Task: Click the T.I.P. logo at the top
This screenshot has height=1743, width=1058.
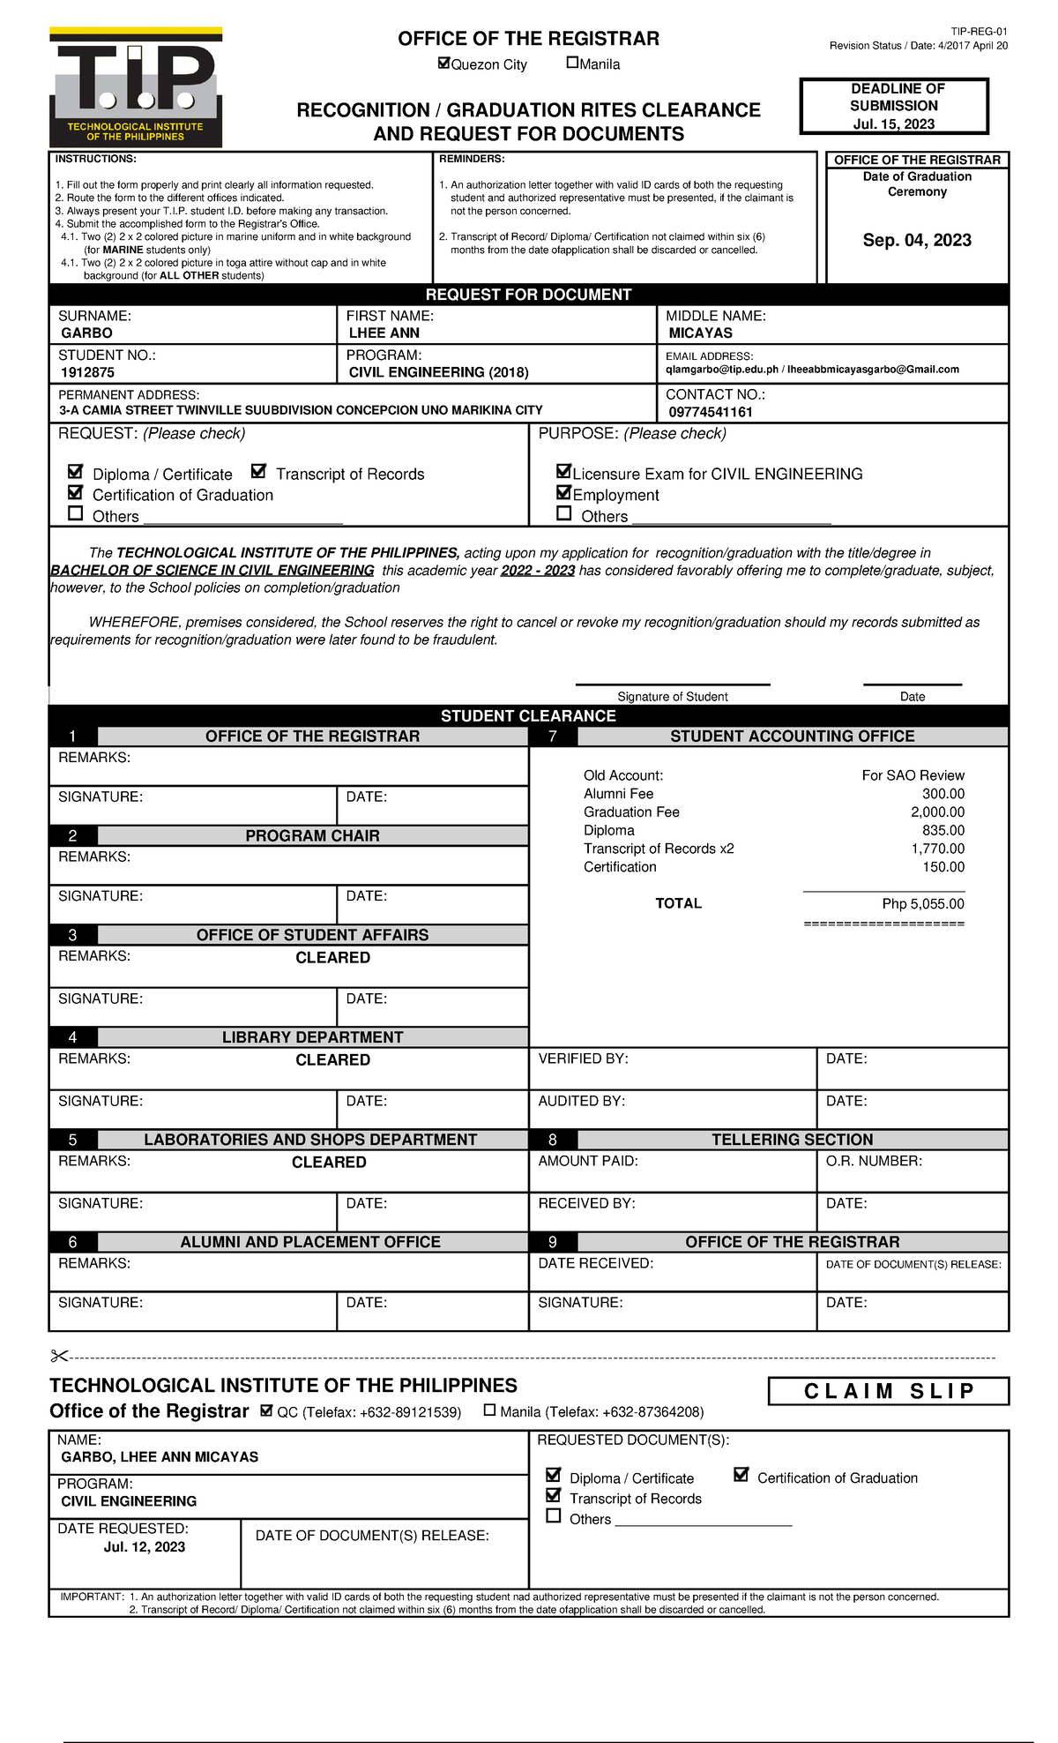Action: [x=136, y=86]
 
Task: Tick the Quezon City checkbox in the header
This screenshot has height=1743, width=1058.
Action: [x=444, y=63]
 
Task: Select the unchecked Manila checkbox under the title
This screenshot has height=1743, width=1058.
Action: [x=572, y=63]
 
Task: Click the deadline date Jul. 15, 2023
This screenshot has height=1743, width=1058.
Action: [x=893, y=124]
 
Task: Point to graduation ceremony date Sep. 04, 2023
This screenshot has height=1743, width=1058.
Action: [x=917, y=240]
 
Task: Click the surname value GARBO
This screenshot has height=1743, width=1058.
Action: [x=86, y=333]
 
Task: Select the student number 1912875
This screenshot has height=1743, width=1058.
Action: [x=87, y=373]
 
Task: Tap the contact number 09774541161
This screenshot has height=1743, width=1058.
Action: [x=710, y=413]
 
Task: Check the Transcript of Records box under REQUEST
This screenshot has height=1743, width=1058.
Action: [x=258, y=471]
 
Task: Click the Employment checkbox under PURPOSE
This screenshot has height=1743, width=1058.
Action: [x=563, y=492]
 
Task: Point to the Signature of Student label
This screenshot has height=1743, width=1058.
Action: [x=672, y=697]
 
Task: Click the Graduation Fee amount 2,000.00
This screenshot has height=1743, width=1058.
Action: [x=937, y=812]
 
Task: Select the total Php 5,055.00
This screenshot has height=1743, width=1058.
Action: [x=922, y=904]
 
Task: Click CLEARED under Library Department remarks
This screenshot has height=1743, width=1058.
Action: [x=332, y=1060]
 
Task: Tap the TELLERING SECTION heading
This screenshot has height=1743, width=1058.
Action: [x=792, y=1140]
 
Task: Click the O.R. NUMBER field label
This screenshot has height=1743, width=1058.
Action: [x=873, y=1162]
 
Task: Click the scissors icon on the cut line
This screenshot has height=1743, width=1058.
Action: [x=59, y=1357]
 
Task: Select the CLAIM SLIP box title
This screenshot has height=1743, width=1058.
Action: [x=888, y=1391]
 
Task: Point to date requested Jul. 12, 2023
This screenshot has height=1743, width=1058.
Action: [x=145, y=1547]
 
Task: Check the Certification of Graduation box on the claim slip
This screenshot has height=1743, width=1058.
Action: [x=741, y=1475]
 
